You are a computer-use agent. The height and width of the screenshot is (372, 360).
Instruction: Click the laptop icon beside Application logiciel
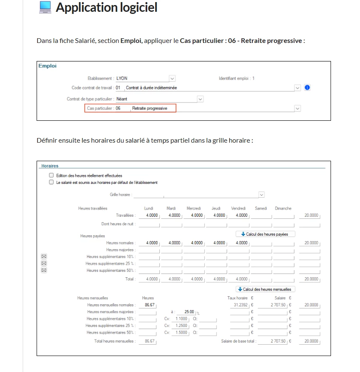45,8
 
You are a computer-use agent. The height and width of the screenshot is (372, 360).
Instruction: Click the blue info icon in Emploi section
307,88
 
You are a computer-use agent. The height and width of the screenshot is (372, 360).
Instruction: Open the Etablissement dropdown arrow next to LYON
172,78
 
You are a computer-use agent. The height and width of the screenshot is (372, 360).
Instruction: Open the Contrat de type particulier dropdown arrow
200,99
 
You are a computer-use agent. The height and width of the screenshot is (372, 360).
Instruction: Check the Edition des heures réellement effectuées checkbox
51,175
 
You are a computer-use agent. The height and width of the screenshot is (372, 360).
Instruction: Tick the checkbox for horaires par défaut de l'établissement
51,183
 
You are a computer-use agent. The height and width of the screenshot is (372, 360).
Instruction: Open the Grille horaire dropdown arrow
262,195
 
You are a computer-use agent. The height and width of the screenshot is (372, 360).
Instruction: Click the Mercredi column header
194,208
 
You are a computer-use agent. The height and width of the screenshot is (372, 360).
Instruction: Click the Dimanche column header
283,208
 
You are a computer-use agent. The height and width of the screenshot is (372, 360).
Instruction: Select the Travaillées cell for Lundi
149,215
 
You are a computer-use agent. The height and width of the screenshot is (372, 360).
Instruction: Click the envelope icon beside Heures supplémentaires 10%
44,256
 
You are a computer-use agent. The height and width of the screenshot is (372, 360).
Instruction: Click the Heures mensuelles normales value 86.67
148,305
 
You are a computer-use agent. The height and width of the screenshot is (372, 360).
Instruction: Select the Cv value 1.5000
181,332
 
